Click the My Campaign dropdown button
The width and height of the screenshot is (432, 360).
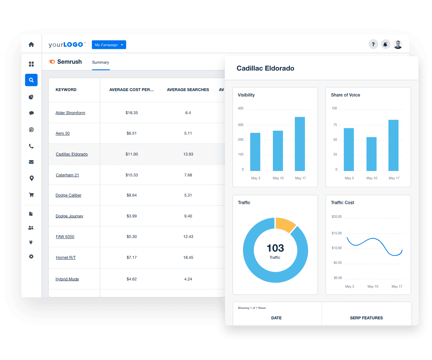109,45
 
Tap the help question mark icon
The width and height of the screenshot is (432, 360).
373,45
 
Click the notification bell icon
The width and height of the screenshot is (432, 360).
386,45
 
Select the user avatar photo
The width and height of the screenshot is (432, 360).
398,45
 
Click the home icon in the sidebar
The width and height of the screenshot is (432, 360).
31,45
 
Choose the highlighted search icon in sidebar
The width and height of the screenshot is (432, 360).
31,80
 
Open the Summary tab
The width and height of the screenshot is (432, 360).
100,62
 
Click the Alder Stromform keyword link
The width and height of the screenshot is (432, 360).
70,113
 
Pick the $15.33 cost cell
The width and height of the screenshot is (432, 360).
131,175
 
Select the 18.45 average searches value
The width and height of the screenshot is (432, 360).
188,257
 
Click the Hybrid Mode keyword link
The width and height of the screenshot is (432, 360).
67,279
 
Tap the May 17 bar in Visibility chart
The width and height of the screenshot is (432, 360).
300,144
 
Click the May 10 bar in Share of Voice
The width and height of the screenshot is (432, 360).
372,154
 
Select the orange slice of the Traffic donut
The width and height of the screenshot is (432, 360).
284,224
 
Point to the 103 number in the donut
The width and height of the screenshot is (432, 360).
275,248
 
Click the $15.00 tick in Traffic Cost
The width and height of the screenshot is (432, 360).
337,233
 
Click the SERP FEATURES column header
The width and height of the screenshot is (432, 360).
366,318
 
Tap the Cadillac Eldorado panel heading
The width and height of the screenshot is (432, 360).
265,68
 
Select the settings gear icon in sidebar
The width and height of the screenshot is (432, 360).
31,256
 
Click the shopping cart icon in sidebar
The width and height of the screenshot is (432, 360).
31,195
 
